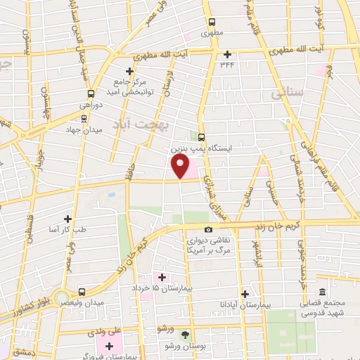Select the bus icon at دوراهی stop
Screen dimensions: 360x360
pos(91,94)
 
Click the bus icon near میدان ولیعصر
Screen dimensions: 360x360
pos(82,291)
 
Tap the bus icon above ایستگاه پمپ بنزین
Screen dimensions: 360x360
pos(202,137)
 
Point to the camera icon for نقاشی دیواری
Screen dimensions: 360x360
pos(208,230)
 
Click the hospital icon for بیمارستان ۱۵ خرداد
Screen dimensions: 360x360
pos(162,276)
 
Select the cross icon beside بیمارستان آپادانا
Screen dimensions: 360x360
pos(245,294)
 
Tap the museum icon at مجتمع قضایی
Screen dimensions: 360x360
pos(322,292)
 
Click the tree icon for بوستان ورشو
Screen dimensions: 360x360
pos(185,335)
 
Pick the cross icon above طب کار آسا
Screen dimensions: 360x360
pos(67,219)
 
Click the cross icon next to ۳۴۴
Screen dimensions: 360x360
pos(226,54)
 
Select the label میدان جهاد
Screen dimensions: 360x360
pos(89,130)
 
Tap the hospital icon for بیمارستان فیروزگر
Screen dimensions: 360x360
pos(109,345)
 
